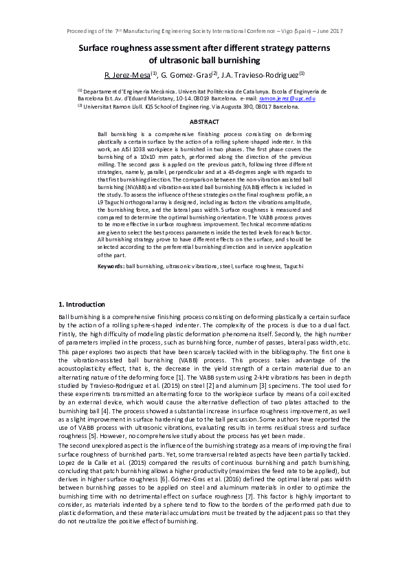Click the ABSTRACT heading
(x=204, y=121)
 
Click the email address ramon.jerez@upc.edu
(x=287, y=98)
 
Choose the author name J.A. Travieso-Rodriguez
(x=261, y=74)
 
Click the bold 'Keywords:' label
(x=111, y=265)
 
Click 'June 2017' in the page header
(x=328, y=32)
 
